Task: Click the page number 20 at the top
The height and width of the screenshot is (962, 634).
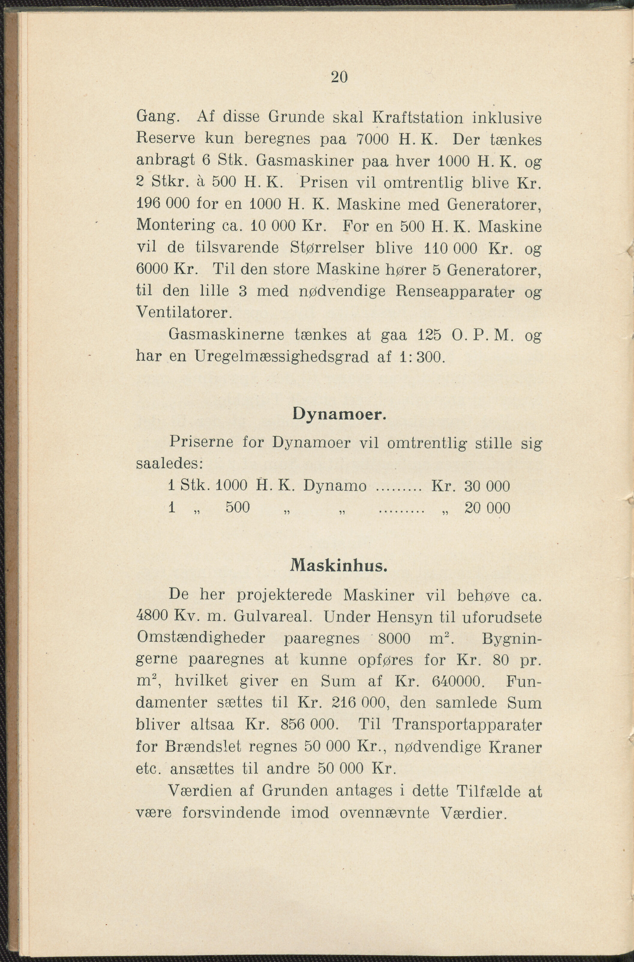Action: point(339,77)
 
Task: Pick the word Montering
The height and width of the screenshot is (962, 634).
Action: point(176,226)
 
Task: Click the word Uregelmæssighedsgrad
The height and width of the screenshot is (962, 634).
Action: point(281,357)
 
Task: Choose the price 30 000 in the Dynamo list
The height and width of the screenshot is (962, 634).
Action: point(487,486)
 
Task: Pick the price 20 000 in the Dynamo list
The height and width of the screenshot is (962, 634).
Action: point(487,508)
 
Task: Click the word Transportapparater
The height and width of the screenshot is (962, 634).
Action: point(467,725)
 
